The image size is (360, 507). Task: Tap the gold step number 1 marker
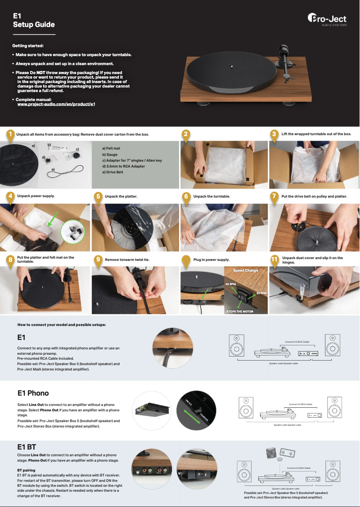(9, 134)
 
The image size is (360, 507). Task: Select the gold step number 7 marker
(274, 197)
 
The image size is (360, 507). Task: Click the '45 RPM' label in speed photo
(230, 284)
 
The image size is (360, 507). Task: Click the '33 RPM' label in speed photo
(261, 293)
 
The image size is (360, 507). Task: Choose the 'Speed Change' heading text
(246, 270)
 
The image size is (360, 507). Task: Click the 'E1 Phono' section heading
(33, 393)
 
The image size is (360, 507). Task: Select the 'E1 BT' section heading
(26, 447)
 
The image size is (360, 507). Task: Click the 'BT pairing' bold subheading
(26, 470)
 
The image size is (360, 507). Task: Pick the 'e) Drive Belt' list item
(113, 172)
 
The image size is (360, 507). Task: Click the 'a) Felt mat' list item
(111, 148)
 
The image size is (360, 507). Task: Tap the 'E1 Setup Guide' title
(34, 20)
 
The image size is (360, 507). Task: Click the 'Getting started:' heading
(28, 46)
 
